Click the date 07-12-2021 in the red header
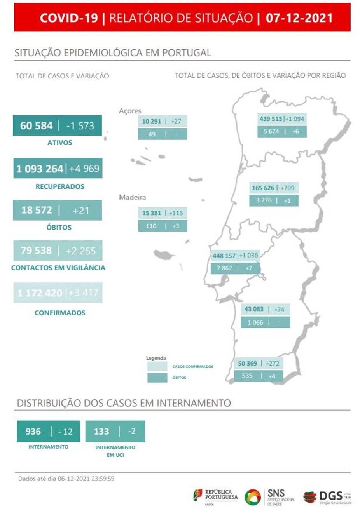click(x=299, y=18)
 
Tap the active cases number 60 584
click(x=36, y=126)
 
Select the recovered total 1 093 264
click(x=40, y=169)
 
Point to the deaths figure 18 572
click(x=37, y=210)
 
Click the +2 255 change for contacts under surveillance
click(x=80, y=251)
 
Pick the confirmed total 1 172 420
click(x=40, y=293)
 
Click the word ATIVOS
click(x=59, y=143)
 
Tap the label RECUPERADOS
click(x=60, y=186)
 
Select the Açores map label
click(x=130, y=111)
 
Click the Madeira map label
click(x=132, y=197)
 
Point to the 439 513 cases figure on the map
click(x=271, y=119)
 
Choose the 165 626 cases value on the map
click(x=263, y=188)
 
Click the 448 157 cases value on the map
click(x=224, y=256)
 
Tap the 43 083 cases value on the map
click(x=254, y=309)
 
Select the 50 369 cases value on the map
click(x=247, y=364)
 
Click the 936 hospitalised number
click(x=33, y=432)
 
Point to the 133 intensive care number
click(x=101, y=432)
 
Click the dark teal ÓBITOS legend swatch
click(x=157, y=378)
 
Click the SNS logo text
click(x=276, y=493)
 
